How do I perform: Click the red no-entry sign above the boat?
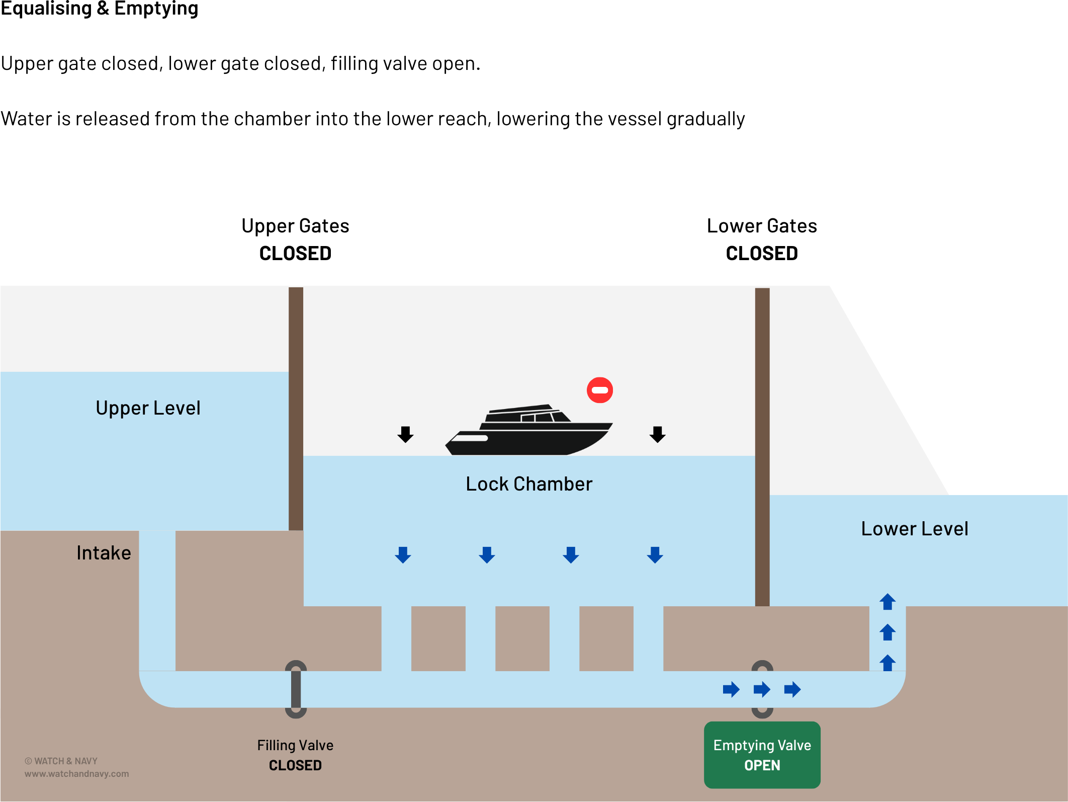(x=600, y=390)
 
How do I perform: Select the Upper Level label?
(x=148, y=408)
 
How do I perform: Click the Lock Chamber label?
(x=529, y=484)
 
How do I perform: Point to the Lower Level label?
(x=915, y=529)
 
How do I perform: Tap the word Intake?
(x=104, y=553)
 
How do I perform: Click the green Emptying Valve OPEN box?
(x=762, y=755)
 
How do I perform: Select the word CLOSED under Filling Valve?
(x=295, y=765)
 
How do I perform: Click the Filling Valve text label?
(x=295, y=745)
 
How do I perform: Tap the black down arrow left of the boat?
(x=405, y=434)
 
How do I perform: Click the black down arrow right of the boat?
(x=657, y=434)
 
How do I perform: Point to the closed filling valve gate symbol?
(x=296, y=689)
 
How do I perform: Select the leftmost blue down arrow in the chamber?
(x=403, y=555)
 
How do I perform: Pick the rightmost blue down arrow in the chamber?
(x=655, y=555)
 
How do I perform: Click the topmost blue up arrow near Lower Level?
(x=887, y=602)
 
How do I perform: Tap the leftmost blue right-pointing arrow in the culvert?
(x=731, y=689)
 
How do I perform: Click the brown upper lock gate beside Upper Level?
(x=296, y=408)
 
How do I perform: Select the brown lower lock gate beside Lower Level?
(x=762, y=448)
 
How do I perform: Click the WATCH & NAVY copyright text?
(x=61, y=761)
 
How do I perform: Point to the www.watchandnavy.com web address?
(x=76, y=774)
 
